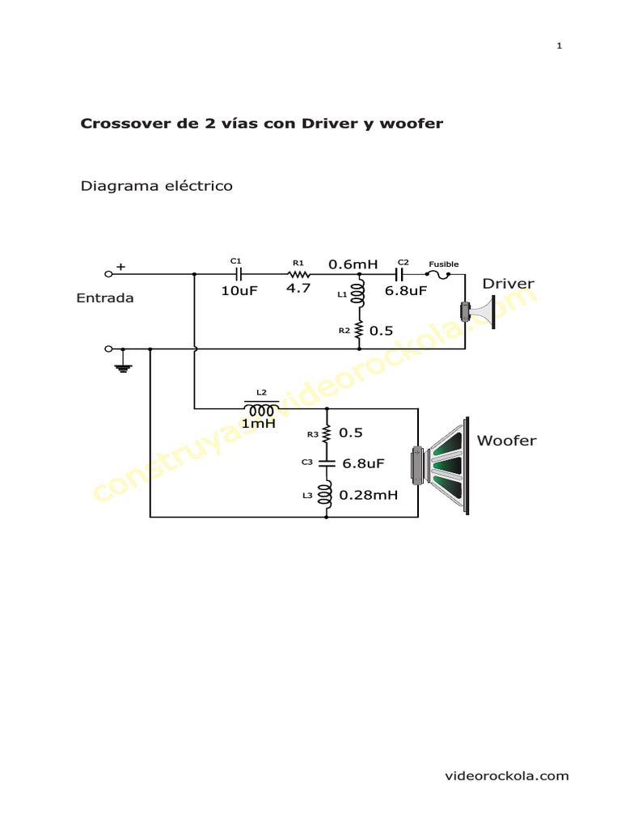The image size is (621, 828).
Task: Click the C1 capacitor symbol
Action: (x=237, y=274)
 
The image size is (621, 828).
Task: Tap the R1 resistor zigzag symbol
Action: (x=298, y=274)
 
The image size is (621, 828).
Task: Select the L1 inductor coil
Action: (x=359, y=296)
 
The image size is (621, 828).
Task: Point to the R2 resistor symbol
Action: (x=359, y=330)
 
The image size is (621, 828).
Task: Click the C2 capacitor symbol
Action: (x=400, y=274)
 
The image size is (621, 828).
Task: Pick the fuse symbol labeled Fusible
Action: (x=443, y=275)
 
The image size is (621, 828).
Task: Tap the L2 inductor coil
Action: (x=261, y=408)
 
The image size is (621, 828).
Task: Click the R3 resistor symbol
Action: (x=327, y=433)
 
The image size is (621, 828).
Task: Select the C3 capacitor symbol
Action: (x=327, y=463)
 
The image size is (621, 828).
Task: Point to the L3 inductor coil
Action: (x=327, y=493)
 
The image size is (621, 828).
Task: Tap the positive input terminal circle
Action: (x=109, y=274)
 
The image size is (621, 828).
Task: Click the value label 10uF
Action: (x=239, y=291)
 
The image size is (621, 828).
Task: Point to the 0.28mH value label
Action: (x=369, y=495)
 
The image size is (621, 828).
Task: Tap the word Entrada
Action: (x=105, y=298)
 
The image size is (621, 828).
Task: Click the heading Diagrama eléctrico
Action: (x=156, y=187)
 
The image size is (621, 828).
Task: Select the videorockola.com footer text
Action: (x=508, y=776)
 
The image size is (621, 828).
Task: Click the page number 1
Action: (x=560, y=45)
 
